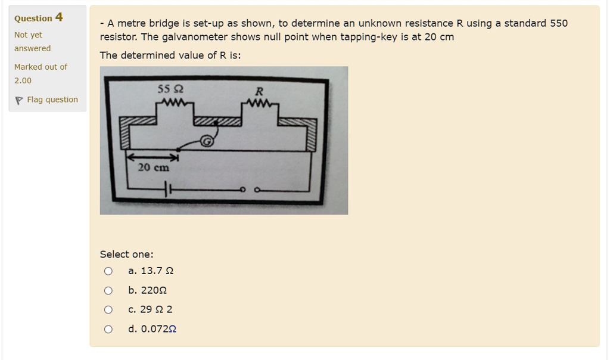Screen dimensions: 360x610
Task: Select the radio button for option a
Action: [x=108, y=271]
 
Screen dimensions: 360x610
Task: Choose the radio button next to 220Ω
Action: [x=108, y=291]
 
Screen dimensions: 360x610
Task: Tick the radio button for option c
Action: [x=108, y=310]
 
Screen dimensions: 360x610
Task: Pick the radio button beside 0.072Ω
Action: [x=108, y=329]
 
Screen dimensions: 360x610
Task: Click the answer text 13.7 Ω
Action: [x=157, y=271]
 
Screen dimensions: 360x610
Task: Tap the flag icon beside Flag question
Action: [x=19, y=100]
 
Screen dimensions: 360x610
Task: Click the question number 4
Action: [x=59, y=17]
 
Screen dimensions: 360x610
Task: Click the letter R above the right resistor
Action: [x=259, y=92]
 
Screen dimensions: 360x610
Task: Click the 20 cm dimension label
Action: [x=153, y=168]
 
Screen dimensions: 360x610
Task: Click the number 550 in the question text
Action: [x=559, y=24]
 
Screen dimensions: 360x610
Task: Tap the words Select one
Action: [x=126, y=255]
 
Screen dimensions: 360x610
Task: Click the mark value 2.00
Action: [x=23, y=80]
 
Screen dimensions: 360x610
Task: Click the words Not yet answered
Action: [x=32, y=42]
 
